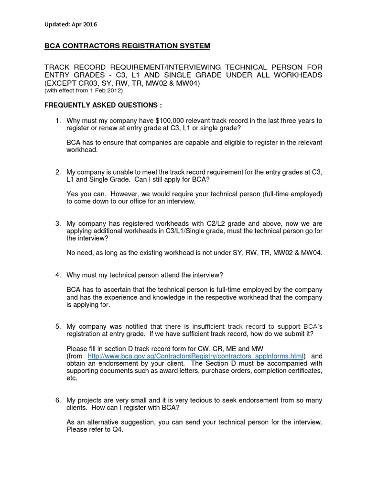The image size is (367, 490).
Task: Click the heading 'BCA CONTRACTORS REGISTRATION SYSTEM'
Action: coord(127,46)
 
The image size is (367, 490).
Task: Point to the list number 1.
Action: coord(58,121)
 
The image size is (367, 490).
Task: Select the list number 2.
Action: coord(58,172)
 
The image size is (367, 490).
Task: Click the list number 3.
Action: coord(58,223)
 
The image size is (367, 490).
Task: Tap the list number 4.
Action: coord(58,275)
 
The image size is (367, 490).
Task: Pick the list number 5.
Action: coord(58,326)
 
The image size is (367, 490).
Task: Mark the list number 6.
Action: coord(58,400)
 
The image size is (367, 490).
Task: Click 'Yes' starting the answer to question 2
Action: coord(73,194)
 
